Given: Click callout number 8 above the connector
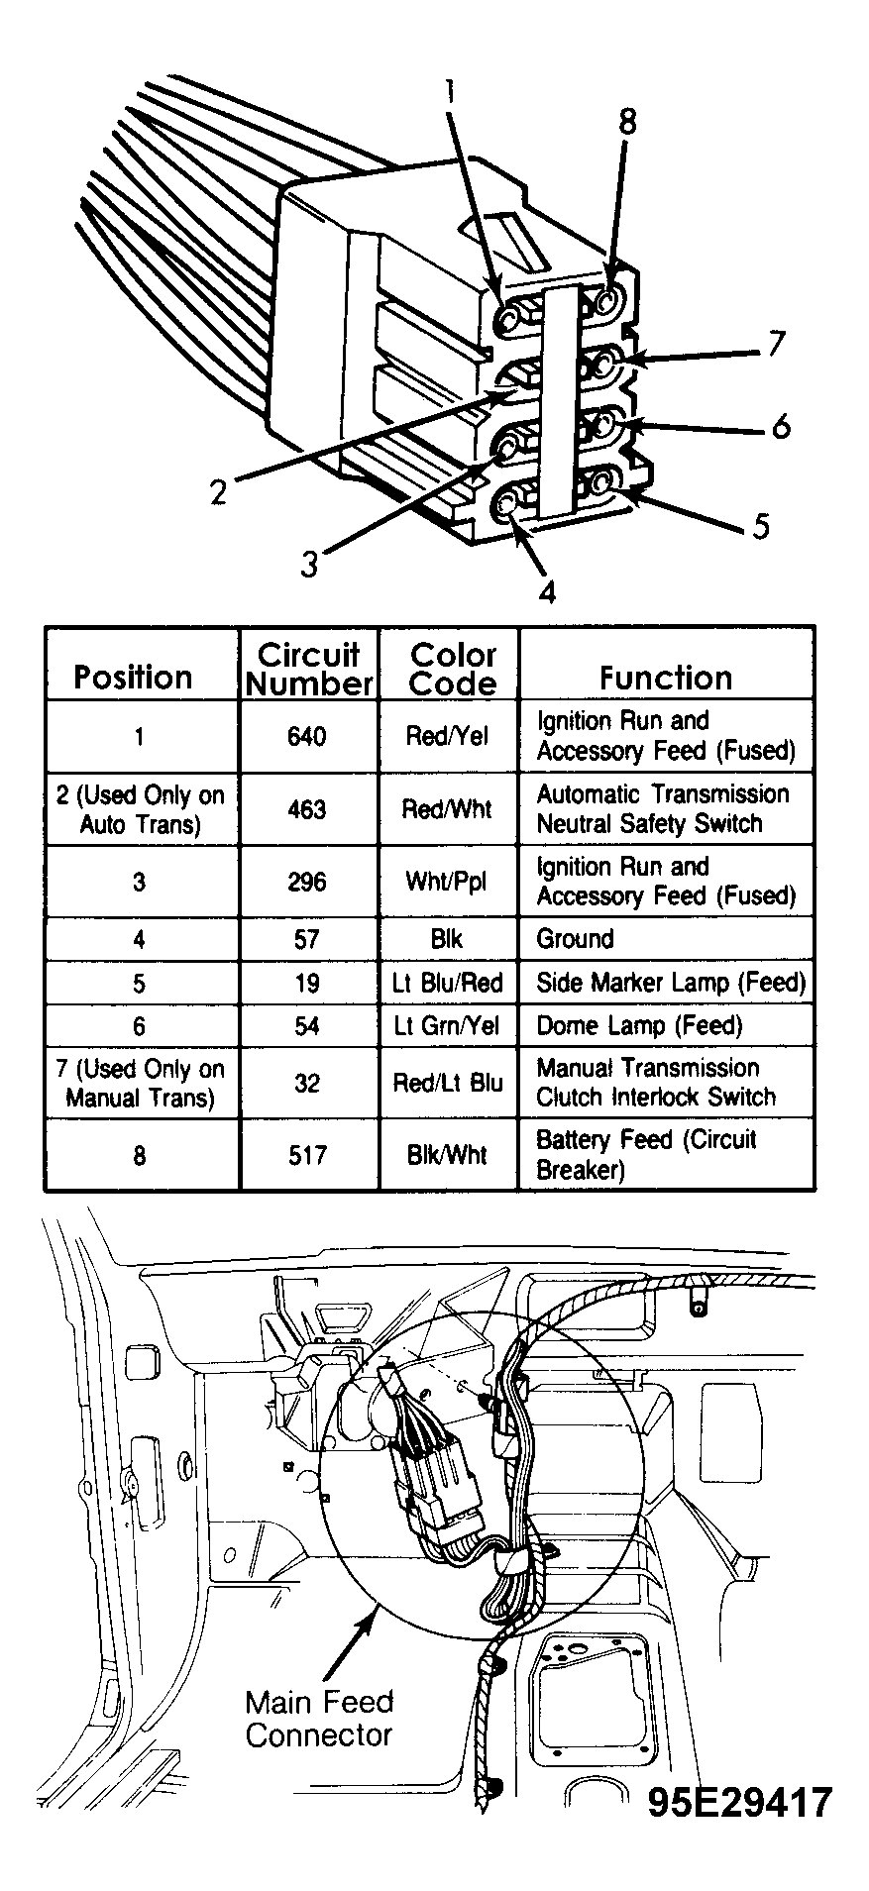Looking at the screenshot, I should click(x=626, y=122).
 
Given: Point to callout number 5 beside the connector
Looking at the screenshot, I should click(x=760, y=525).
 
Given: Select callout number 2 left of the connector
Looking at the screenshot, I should click(x=219, y=491).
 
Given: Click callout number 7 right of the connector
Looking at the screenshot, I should click(x=775, y=344).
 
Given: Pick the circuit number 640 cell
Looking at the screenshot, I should click(x=307, y=737).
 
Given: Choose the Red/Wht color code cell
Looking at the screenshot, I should click(x=447, y=809).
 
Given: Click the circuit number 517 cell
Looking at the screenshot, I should click(x=307, y=1155).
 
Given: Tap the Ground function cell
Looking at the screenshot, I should click(x=575, y=939).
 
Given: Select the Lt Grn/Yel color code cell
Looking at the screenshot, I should click(x=447, y=1026).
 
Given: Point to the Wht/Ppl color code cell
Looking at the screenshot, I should click(x=447, y=882).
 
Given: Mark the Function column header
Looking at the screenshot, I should click(x=666, y=678).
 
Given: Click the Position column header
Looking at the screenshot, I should click(x=133, y=678).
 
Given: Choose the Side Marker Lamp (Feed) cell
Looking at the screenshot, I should click(x=671, y=983).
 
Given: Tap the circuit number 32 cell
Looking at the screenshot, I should click(x=307, y=1083).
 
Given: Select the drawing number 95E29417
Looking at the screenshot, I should click(x=740, y=1802).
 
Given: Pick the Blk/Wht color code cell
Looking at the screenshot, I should click(x=447, y=1155).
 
